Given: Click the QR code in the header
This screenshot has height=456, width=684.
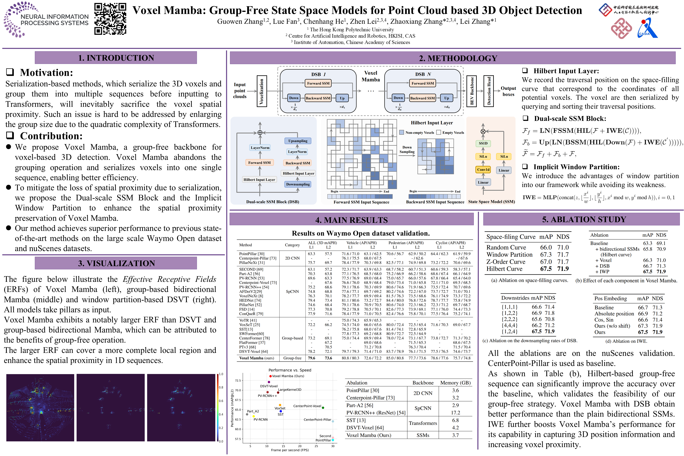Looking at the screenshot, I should pos(110,19).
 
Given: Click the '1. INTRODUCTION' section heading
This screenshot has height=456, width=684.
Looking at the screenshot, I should pos(116,58).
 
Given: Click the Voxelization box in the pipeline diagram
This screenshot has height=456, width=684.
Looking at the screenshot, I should pos(261,91).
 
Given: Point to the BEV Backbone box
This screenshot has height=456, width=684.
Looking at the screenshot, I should pos(472,91).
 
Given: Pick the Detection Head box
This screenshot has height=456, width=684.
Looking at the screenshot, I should pos(489,91).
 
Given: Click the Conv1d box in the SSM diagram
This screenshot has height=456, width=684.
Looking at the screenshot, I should pos(483,170).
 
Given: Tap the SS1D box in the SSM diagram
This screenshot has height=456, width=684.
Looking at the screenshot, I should pos(483,143).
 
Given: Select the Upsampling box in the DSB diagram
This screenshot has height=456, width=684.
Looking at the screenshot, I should pos(298,141).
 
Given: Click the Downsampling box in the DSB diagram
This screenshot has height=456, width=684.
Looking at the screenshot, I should pos(298,184).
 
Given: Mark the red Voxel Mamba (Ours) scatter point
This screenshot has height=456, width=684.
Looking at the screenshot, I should pos(271,376).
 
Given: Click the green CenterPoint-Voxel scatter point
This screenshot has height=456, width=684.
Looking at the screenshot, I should pos(323,408).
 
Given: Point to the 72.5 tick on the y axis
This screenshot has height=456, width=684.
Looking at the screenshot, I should pos(238,381).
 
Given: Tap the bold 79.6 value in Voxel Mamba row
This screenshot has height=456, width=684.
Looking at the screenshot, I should pos(312,358).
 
